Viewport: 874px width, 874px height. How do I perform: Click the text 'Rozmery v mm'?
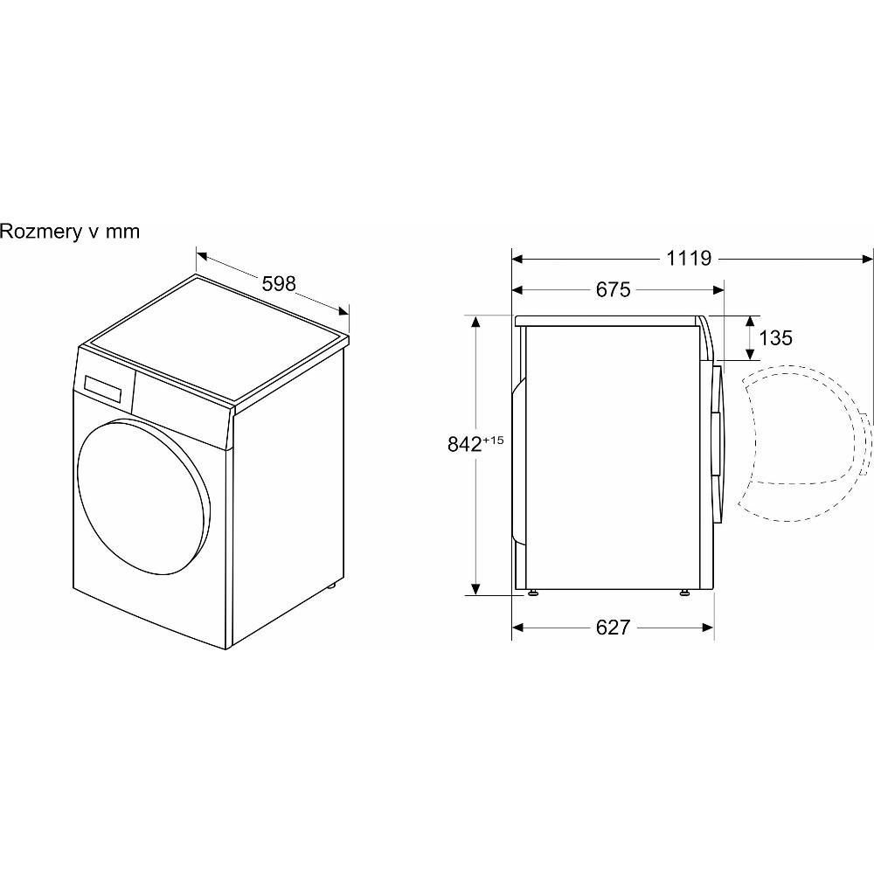(70, 231)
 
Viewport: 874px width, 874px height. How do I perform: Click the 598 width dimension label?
(279, 284)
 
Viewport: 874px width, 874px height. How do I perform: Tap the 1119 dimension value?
(689, 258)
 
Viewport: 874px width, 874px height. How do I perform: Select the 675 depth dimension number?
(613, 289)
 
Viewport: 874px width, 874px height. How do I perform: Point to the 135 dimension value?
(775, 337)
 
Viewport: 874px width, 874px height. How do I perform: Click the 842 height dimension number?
(464, 444)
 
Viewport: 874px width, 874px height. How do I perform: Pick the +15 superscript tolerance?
(493, 440)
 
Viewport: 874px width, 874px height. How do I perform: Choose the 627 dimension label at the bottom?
(613, 628)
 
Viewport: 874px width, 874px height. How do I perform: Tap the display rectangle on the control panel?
(103, 389)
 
